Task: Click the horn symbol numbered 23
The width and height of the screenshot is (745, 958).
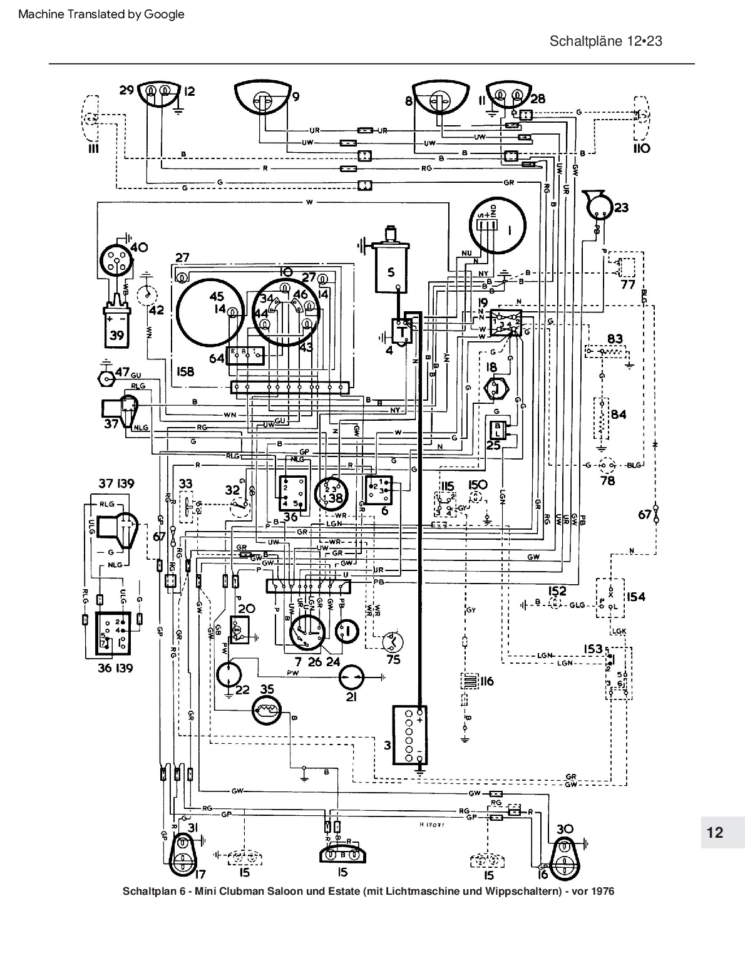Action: click(597, 203)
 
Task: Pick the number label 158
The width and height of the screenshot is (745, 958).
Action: click(185, 371)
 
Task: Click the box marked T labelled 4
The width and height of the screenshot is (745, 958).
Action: click(401, 330)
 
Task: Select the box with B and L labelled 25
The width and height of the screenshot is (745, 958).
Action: click(498, 430)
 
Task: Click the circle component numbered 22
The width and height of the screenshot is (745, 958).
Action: click(230, 674)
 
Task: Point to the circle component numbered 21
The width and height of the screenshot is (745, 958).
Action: click(351, 677)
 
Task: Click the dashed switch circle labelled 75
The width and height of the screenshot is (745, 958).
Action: click(393, 641)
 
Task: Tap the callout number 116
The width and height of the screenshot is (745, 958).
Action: click(486, 681)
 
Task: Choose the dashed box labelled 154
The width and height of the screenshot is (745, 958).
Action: click(609, 598)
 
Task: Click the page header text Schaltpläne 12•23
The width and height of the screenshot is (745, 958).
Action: click(605, 41)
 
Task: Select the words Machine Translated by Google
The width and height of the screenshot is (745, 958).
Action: click(101, 14)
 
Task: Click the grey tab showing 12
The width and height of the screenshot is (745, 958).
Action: click(715, 832)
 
